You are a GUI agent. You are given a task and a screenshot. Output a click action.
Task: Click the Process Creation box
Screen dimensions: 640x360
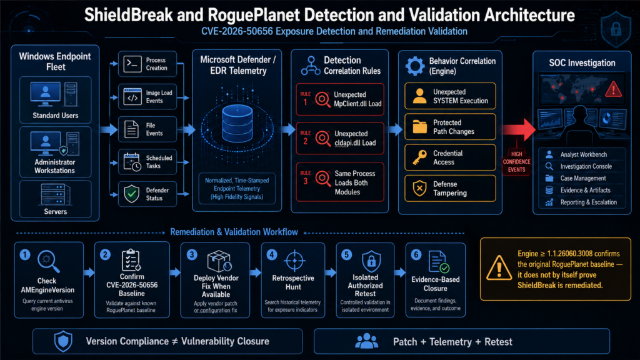coord(147,64)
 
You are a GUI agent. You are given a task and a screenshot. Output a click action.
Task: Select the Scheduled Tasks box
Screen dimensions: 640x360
coord(147,162)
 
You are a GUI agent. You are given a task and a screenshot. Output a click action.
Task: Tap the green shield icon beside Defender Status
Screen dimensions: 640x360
coord(132,194)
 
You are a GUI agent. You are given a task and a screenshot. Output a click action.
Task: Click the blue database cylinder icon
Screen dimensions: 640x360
coord(237,123)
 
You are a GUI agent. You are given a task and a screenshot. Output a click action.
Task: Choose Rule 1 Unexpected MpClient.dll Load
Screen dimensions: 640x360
coord(340,99)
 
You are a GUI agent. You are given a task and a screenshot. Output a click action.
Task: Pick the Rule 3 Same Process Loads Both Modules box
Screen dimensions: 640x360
coord(340,182)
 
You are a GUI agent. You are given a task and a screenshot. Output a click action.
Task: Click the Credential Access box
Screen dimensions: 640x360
coord(450,157)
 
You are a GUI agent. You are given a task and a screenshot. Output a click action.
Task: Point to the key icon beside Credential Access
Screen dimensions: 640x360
coord(419,157)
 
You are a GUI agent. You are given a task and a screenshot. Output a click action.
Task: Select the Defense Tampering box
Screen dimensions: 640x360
coord(450,188)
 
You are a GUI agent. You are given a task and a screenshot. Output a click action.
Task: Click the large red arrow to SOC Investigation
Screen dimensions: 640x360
coord(519,129)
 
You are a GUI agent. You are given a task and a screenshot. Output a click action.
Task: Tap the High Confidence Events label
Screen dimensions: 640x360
coord(516,162)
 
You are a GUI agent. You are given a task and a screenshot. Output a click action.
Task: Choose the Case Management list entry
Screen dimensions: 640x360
coord(583,178)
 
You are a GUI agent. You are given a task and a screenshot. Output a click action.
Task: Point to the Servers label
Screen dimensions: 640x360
coord(56,211)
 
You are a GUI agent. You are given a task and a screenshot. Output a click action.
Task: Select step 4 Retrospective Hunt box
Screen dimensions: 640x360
coord(293,280)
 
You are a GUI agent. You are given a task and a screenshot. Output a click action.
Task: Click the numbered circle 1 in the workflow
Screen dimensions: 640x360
coord(25,255)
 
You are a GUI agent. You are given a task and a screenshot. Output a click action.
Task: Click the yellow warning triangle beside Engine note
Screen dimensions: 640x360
coord(499,269)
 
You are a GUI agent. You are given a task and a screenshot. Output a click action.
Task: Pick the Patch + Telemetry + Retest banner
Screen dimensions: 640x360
coord(462,341)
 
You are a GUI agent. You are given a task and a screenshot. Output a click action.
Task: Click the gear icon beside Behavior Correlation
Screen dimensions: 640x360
coord(415,66)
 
